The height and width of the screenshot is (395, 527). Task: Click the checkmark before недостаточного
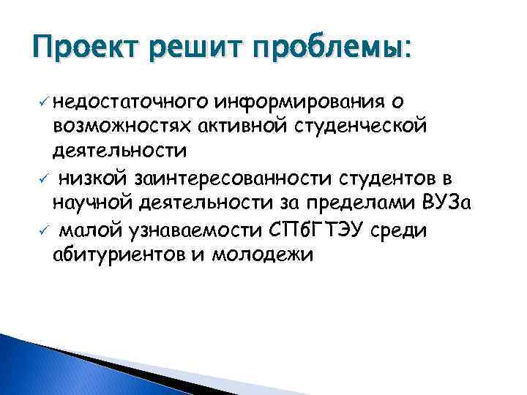(44, 100)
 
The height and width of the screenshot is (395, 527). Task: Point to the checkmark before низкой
(44, 178)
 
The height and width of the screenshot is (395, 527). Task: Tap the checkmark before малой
(44, 230)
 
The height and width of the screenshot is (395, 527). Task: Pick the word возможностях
(121, 126)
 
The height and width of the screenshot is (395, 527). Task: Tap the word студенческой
(362, 126)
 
